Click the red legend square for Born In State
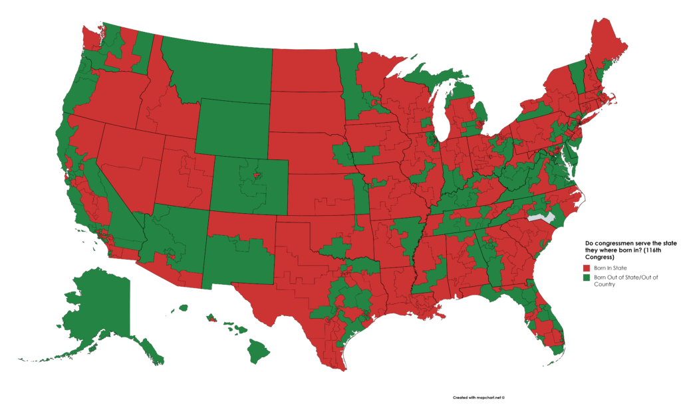(x=587, y=268)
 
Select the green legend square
(x=587, y=278)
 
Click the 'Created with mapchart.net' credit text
(x=479, y=398)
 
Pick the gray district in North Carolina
(x=537, y=216)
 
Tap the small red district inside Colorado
(x=255, y=177)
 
